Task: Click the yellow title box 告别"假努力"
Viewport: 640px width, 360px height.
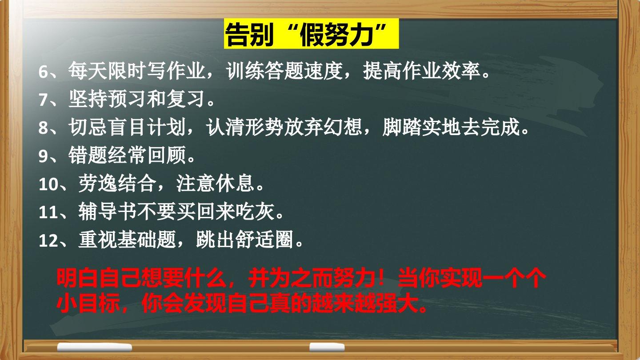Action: click(311, 34)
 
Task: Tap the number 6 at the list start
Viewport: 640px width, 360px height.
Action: click(43, 72)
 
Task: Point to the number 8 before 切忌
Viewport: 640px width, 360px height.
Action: click(43, 128)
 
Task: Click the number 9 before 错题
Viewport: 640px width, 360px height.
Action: click(43, 156)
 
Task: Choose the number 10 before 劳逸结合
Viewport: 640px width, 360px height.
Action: click(48, 184)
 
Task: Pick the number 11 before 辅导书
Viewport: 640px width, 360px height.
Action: click(48, 212)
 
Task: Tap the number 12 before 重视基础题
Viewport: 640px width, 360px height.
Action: click(48, 240)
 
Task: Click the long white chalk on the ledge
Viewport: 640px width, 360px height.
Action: click(95, 348)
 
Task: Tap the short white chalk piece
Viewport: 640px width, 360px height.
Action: click(327, 347)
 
